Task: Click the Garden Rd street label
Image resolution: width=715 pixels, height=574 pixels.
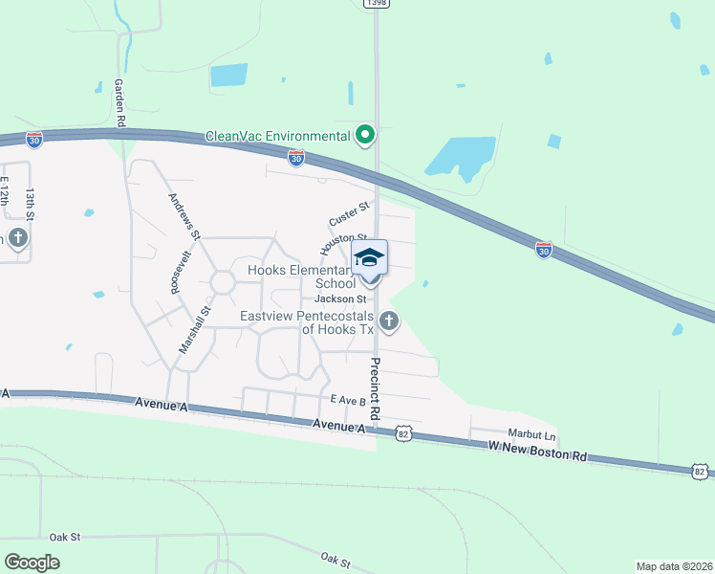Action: pos(121,103)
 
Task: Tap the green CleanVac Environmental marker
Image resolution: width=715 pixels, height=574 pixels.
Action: pos(364,137)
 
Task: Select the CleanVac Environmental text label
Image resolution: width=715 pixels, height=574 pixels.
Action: pos(278,137)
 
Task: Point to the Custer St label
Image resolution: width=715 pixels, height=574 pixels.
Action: pos(349,214)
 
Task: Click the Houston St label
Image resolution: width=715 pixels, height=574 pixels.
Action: pos(343,242)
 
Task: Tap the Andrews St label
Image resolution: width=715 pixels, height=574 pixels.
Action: pos(184,215)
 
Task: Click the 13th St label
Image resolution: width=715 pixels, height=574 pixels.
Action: pos(31,206)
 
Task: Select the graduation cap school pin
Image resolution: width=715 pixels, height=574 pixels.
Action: pos(370,258)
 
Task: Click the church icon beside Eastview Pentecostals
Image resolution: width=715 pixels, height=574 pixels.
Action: pos(387,320)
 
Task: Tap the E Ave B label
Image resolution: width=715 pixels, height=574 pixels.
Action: pos(349,400)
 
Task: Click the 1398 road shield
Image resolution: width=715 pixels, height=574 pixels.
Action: pos(375,4)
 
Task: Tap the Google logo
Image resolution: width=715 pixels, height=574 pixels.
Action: pos(32,563)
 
